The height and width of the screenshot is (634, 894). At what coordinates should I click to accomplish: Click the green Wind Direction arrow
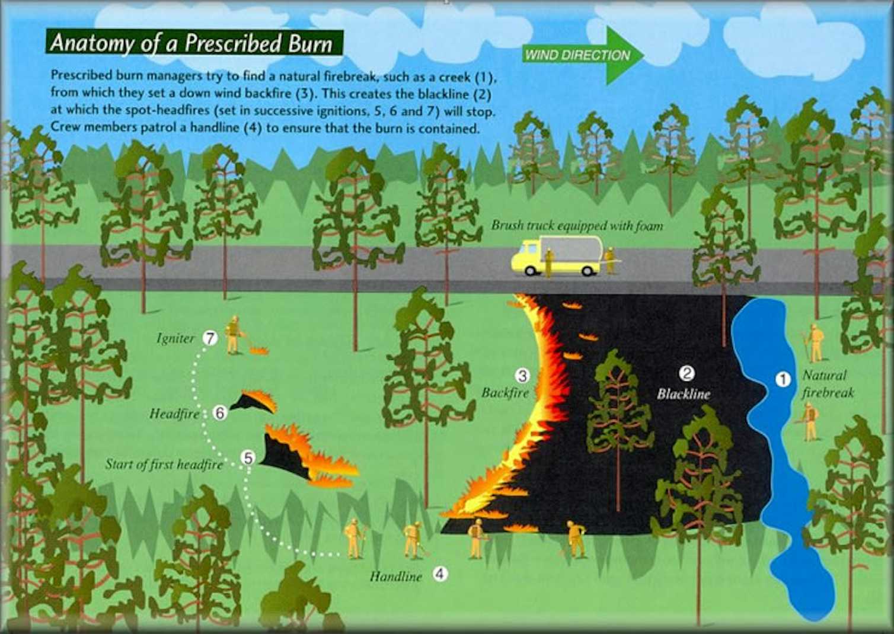583,56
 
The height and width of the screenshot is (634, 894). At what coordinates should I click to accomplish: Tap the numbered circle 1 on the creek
783,379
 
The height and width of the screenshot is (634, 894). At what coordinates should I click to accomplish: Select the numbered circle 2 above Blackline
687,373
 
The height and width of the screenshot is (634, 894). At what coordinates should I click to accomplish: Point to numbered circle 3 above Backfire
522,376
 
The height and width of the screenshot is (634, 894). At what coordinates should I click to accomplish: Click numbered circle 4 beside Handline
440,574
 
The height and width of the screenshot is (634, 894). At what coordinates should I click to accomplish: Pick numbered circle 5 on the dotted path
248,458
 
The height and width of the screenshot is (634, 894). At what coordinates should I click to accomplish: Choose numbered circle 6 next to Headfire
220,413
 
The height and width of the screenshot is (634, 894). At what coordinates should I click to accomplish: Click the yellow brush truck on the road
556,256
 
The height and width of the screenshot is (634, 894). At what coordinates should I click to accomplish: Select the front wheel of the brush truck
530,271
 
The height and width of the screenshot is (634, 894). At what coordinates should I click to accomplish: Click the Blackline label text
684,394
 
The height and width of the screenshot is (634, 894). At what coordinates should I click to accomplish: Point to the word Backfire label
505,393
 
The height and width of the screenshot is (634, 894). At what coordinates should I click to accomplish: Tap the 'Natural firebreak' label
828,384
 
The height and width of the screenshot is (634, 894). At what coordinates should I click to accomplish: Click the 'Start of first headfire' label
164,465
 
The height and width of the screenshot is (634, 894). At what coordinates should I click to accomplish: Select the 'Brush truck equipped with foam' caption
577,226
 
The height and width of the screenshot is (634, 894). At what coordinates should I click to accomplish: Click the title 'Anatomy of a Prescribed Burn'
191,43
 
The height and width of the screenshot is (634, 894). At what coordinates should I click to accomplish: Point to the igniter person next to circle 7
233,335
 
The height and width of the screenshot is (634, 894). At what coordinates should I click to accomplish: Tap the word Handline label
395,577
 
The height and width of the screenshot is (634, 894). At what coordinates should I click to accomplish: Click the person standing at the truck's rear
609,260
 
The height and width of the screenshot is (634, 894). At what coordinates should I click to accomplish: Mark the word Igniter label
175,339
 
